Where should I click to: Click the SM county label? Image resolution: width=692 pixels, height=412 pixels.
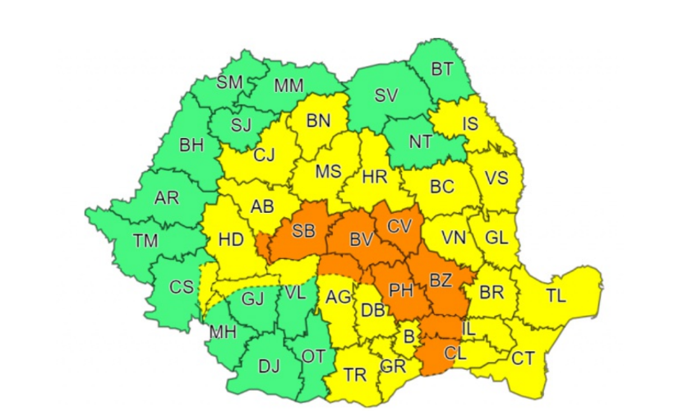230,81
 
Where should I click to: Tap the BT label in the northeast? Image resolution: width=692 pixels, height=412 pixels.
441,69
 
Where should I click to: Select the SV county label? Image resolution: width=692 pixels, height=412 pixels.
385,95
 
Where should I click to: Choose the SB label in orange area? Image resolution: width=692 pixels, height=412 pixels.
302,231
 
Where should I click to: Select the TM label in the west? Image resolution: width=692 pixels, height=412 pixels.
145,240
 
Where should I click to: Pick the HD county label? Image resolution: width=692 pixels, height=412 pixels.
231,240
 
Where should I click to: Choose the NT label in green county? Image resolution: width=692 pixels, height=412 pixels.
421,141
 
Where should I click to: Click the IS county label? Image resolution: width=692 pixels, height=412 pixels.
470,124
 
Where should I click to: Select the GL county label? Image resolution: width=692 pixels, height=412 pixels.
496,237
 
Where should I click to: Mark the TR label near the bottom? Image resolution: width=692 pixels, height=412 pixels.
355,375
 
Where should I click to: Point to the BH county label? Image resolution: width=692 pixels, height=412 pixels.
191,146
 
